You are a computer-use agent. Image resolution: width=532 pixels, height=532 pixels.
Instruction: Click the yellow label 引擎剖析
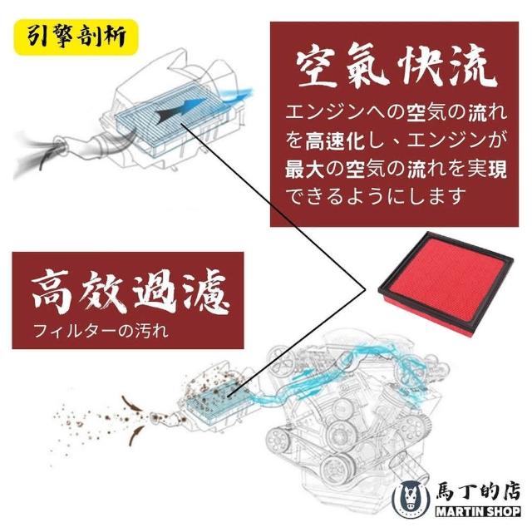pos(76,37)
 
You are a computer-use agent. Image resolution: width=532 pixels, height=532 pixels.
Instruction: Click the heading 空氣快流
pos(396,69)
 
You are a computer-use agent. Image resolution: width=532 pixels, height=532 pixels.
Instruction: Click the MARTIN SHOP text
pos(478,511)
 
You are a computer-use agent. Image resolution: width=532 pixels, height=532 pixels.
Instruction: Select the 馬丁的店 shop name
pos(478,490)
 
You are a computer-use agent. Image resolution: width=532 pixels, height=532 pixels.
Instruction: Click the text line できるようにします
pos(375,196)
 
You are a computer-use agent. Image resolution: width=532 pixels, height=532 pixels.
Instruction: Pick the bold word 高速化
pos(335,140)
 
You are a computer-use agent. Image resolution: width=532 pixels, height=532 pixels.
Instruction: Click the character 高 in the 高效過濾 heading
pos(52,292)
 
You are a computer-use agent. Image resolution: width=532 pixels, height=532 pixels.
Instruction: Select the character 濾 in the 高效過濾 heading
pos(207,292)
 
